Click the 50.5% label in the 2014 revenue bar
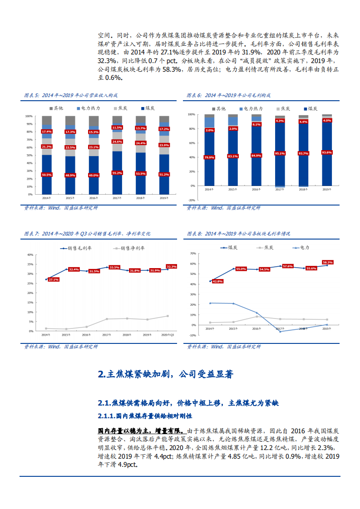(x=46, y=175)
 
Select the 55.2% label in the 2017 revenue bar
(x=117, y=173)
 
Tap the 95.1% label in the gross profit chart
(x=280, y=153)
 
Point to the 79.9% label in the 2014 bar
(x=209, y=157)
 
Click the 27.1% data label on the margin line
(x=53, y=279)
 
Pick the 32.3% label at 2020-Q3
(x=172, y=266)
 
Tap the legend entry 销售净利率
(x=131, y=248)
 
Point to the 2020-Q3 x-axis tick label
(x=168, y=335)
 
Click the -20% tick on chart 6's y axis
(x=191, y=200)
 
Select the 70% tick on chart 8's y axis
(x=192, y=254)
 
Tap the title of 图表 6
(x=229, y=95)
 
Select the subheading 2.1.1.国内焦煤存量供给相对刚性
(x=145, y=416)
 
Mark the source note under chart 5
(x=61, y=208)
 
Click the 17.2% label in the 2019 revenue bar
(x=164, y=129)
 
